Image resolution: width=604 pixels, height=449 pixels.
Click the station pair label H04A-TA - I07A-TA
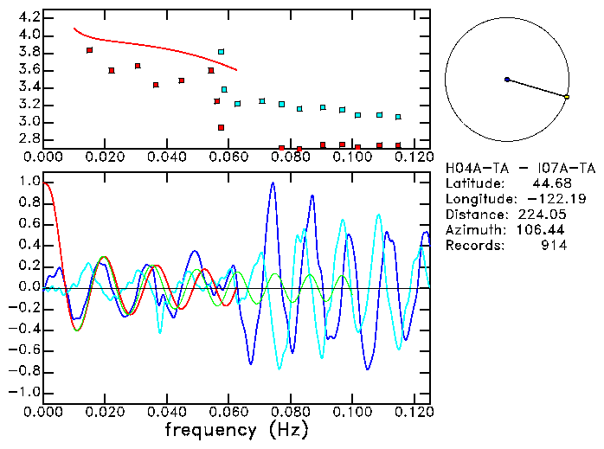point(520,168)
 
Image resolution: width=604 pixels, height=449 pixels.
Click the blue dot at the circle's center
point(507,80)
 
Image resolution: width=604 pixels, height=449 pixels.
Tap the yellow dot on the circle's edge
point(567,97)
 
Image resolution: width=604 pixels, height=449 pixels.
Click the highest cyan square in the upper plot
point(222,52)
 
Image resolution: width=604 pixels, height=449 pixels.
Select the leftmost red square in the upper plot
point(90,50)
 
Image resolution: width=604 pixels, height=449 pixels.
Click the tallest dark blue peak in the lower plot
point(273,183)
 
